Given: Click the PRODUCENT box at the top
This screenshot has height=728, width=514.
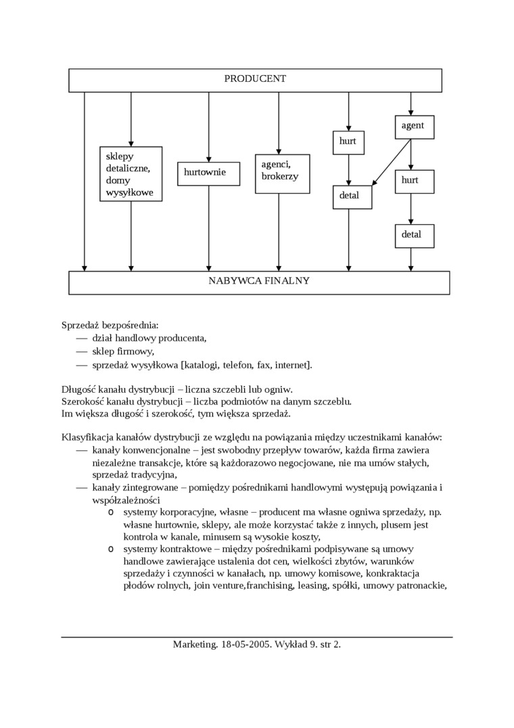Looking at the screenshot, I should pos(255,79).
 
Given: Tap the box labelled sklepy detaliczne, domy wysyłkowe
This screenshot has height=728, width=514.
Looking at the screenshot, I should pos(131,174).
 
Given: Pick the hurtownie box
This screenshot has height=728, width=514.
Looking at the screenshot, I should pos(208,173).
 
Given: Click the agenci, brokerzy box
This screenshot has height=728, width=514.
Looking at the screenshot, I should pos(282,173).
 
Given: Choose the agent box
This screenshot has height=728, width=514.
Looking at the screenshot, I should pos(413,126).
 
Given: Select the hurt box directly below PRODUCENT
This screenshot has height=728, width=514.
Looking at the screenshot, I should pos(348,142).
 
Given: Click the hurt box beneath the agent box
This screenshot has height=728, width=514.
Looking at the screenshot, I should pos(413,181).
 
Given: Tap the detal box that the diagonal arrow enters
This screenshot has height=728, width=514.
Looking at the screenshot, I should pos(351,196).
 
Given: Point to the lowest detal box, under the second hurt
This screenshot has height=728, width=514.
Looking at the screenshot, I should pos(413,235).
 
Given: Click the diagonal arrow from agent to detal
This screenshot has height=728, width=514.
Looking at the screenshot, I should pos(392,162).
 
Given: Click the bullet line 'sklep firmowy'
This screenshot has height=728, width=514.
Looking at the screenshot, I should pos(123,351).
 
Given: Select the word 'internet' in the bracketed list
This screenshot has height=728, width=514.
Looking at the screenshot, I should pos(291,365).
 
